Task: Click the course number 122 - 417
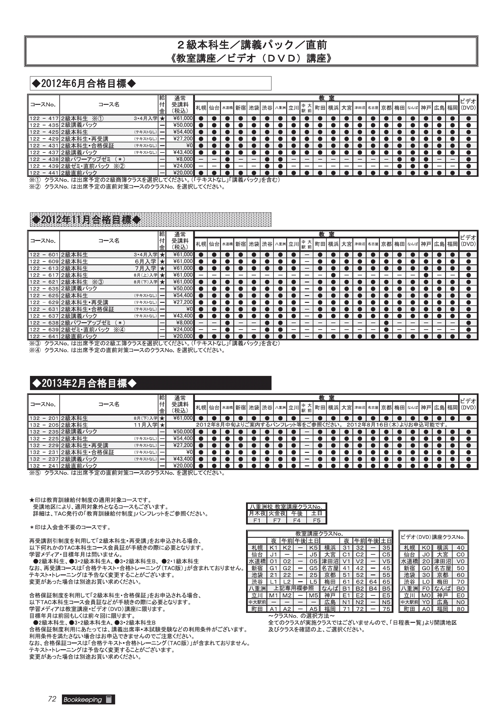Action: click(44, 119)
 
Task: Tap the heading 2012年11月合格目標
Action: click(86, 220)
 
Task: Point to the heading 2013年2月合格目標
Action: click(84, 383)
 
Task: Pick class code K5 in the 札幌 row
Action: click(313, 548)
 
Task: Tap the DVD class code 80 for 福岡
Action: click(460, 609)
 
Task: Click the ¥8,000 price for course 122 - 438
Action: click(184, 159)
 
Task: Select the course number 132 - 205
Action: click(44, 425)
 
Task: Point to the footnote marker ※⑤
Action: click(35, 473)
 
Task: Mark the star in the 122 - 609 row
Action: click(162, 262)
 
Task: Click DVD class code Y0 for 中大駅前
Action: click(426, 602)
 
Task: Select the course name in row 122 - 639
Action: click(93, 330)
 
